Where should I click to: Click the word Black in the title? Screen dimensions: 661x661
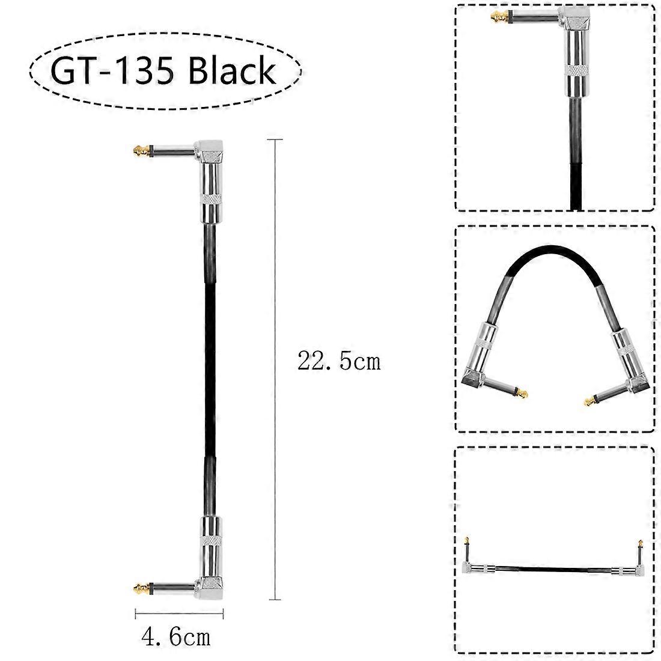click(x=231, y=70)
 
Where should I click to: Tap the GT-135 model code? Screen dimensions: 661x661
click(x=112, y=71)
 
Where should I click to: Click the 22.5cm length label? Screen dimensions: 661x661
click(x=339, y=361)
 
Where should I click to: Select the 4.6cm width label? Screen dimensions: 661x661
click(x=176, y=637)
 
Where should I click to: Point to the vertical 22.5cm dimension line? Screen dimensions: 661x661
click(x=275, y=370)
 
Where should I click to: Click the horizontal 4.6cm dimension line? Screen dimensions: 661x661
click(x=179, y=614)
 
